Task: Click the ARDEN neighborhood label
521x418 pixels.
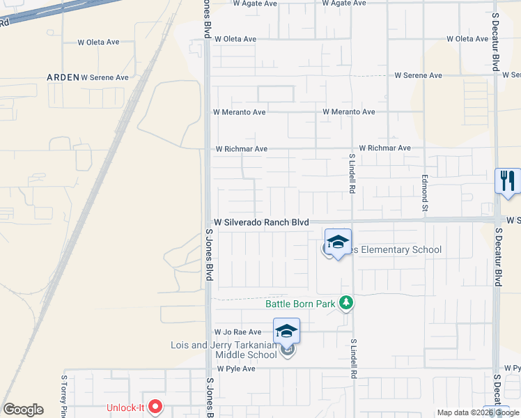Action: pyautogui.click(x=62, y=77)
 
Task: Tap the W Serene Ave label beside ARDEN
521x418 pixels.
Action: pyautogui.click(x=105, y=77)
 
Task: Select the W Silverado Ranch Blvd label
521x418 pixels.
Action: pyautogui.click(x=261, y=222)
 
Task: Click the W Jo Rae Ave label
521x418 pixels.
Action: pyautogui.click(x=238, y=332)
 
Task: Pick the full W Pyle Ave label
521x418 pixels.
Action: pyautogui.click(x=236, y=369)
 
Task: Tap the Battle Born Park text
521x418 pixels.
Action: pyautogui.click(x=300, y=303)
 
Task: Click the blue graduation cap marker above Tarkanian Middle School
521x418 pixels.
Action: pyautogui.click(x=286, y=331)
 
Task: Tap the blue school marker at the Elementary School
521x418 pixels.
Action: pyautogui.click(x=338, y=242)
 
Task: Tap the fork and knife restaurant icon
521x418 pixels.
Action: pyautogui.click(x=508, y=180)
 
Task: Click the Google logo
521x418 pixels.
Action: pyautogui.click(x=23, y=410)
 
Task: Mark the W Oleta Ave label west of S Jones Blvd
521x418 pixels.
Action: pyautogui.click(x=98, y=42)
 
